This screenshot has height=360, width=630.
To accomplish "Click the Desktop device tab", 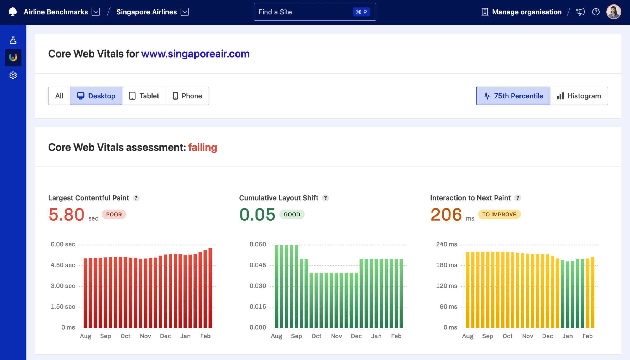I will coord(96,96).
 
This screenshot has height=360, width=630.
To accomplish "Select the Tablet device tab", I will coord(144,96).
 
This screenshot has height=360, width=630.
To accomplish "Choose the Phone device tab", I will coord(187,96).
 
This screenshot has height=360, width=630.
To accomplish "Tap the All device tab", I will coord(59,96).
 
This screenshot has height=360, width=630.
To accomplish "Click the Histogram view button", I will coord(579,96).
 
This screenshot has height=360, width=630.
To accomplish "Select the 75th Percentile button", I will coord(513,96).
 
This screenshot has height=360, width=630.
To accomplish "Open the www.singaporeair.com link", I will coord(195,54).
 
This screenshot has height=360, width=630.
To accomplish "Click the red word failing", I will coord(202,147).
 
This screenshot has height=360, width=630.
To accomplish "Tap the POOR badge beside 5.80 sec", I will coord(114,214).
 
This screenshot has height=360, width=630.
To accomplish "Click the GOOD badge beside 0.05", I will coord(292,214).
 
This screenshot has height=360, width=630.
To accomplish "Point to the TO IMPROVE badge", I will coord(499,214).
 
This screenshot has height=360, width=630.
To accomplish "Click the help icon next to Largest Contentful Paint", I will coord(136,198).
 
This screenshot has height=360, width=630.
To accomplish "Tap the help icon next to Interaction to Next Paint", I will coord(518,198).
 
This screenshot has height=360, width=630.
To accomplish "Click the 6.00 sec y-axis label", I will coord(63,244).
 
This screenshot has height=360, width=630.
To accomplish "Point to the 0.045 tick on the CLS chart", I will coord(258,265).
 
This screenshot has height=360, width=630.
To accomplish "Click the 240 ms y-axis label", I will coord(447,244).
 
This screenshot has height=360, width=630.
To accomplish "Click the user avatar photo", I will coord(613,12).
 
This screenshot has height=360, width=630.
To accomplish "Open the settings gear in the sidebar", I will coord(13,75).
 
